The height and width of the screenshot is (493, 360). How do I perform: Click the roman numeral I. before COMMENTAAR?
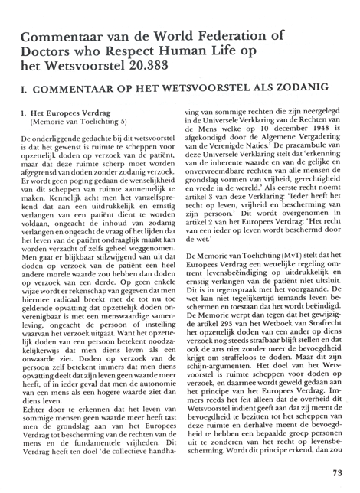coord(25,88)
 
